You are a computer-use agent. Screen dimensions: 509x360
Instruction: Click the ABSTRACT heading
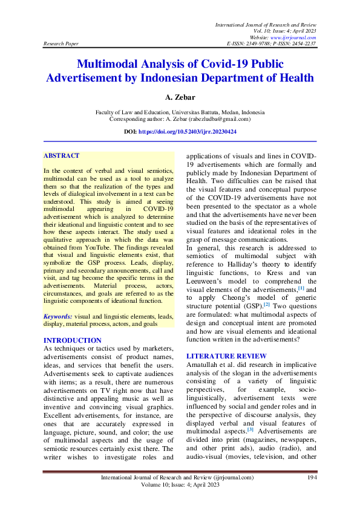point(61,156)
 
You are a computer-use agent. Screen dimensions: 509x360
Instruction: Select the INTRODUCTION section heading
point(73,340)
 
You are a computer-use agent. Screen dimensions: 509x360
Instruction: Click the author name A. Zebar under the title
point(180,97)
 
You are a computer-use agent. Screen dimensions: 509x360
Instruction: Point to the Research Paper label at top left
point(61,44)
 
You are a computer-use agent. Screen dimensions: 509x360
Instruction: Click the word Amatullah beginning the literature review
point(205,366)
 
